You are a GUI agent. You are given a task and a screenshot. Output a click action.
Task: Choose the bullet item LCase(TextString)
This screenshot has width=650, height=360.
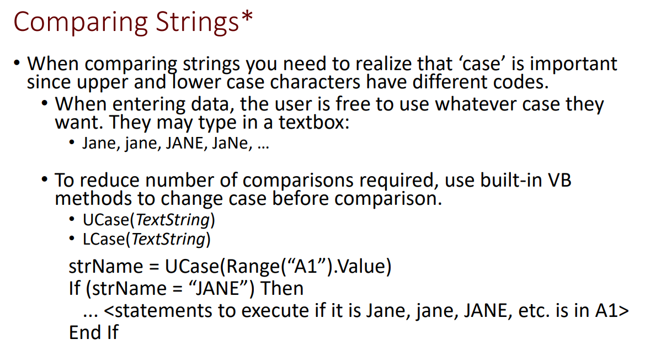(147, 240)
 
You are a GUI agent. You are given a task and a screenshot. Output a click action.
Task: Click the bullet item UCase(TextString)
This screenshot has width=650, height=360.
(148, 220)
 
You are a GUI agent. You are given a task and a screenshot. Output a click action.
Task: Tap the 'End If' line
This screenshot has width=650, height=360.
(93, 332)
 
